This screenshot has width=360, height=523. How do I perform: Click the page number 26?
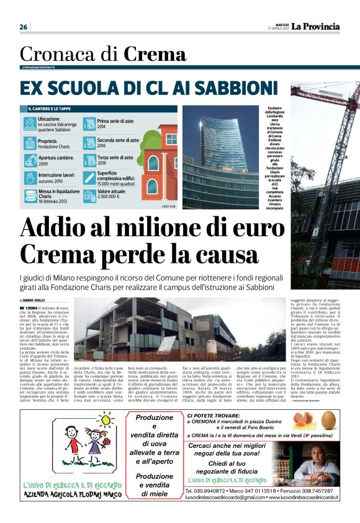tap(24, 27)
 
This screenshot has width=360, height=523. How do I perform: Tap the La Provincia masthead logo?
tap(316, 26)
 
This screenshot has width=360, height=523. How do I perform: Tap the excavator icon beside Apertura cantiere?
tap(29, 161)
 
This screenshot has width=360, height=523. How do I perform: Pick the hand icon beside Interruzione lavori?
tap(29, 179)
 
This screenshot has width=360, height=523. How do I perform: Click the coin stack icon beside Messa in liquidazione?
tap(29, 197)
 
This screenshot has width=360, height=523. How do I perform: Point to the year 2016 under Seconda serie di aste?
tap(102, 146)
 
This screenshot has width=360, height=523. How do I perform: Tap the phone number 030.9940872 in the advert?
tap(209, 490)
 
